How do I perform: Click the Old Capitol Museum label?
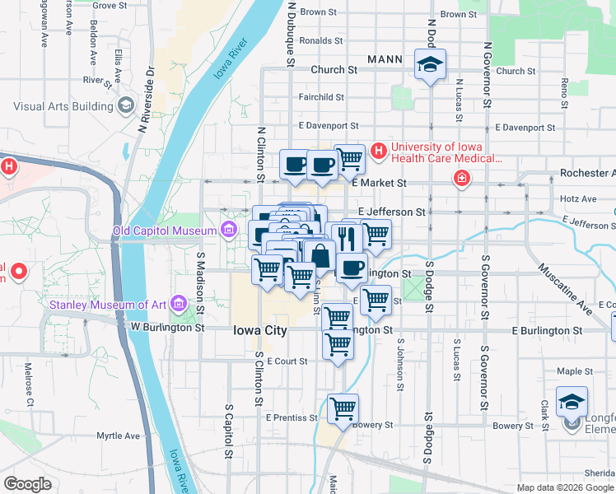point(164,231)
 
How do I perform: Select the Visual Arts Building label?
point(63,106)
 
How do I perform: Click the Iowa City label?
point(259,329)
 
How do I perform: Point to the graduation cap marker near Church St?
point(429,66)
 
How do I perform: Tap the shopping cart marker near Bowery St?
point(342,408)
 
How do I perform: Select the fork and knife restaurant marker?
point(347,238)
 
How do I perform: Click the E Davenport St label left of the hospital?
point(329,126)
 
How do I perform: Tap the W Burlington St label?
point(167,328)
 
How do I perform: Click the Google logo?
point(28,484)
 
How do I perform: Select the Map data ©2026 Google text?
point(564,487)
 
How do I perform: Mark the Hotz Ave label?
point(577,198)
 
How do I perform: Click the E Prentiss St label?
point(292,418)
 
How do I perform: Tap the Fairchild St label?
point(321,97)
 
